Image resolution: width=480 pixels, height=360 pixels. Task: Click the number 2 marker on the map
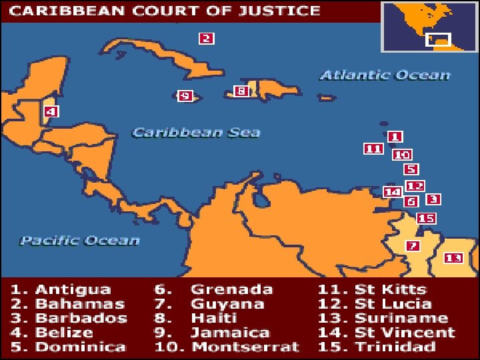coord(207,39)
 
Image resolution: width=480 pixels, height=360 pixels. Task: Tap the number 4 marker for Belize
coord(51,111)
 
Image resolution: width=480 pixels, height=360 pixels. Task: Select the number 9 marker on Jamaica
coord(185,96)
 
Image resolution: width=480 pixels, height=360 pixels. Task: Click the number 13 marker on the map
coord(453,257)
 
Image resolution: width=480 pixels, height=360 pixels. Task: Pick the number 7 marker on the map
coord(413,245)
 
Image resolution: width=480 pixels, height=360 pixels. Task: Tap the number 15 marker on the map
coord(426,218)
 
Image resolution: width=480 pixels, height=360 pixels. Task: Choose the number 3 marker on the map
coord(433,199)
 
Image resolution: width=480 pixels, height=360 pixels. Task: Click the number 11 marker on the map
coord(373,149)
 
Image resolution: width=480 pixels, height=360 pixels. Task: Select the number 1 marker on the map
coord(395,137)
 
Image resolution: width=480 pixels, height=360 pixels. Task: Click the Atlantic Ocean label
coord(385,75)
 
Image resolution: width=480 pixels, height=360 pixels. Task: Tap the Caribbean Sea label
coord(196,132)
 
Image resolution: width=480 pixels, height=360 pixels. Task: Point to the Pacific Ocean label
coord(79,240)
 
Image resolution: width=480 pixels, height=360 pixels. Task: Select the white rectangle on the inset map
coord(438,39)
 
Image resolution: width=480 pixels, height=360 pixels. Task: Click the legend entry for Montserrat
coord(227,347)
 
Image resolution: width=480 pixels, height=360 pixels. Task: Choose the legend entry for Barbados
coord(69,318)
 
